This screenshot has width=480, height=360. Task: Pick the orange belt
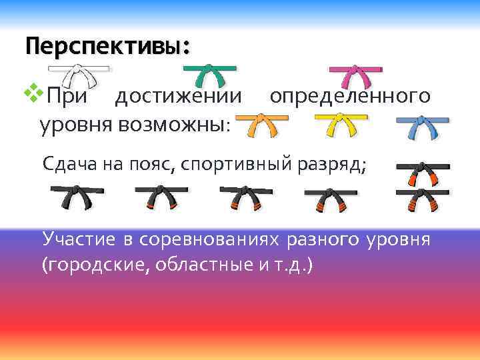[261, 124]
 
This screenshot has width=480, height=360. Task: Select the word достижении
[178, 97]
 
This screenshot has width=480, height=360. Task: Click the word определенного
[349, 97]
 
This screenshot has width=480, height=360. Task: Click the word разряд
[338, 164]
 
